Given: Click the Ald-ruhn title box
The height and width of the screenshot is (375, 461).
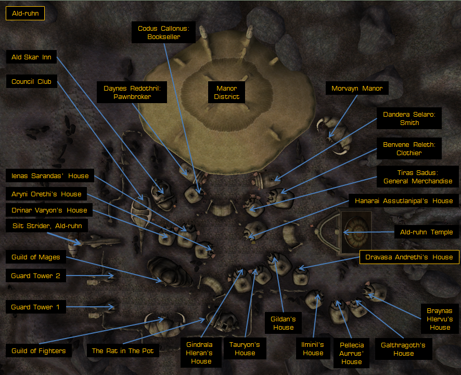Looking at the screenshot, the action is [25, 13].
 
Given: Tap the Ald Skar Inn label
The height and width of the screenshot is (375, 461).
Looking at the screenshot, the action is [31, 57].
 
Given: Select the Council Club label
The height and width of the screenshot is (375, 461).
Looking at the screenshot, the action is [31, 81].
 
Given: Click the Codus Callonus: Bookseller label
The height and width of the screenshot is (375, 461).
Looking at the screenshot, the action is [163, 32].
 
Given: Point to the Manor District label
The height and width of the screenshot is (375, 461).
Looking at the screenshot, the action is [226, 92].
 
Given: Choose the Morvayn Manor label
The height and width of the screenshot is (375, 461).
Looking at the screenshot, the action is [357, 88].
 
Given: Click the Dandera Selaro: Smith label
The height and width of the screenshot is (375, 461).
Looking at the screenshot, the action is [409, 118].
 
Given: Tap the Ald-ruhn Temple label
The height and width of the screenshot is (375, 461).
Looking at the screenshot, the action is [426, 232].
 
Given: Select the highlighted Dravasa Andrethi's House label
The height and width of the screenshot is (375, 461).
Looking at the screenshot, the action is [409, 257].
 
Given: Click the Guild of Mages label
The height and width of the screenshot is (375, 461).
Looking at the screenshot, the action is [35, 257].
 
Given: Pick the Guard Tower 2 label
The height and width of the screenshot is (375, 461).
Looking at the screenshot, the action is [35, 276].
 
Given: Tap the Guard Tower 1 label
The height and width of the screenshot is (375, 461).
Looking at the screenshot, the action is [35, 307].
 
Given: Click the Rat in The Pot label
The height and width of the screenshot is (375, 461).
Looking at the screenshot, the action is [123, 351].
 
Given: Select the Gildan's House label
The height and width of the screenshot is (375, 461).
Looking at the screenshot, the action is [283, 323].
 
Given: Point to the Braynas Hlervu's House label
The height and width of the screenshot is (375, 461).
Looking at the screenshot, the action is [440, 319].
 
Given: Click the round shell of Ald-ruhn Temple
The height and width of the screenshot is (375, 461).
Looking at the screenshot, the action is [357, 232].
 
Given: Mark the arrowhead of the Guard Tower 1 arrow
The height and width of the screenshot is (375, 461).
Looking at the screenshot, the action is [112, 307].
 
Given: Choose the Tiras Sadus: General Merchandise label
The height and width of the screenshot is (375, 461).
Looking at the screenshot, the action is [417, 177].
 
